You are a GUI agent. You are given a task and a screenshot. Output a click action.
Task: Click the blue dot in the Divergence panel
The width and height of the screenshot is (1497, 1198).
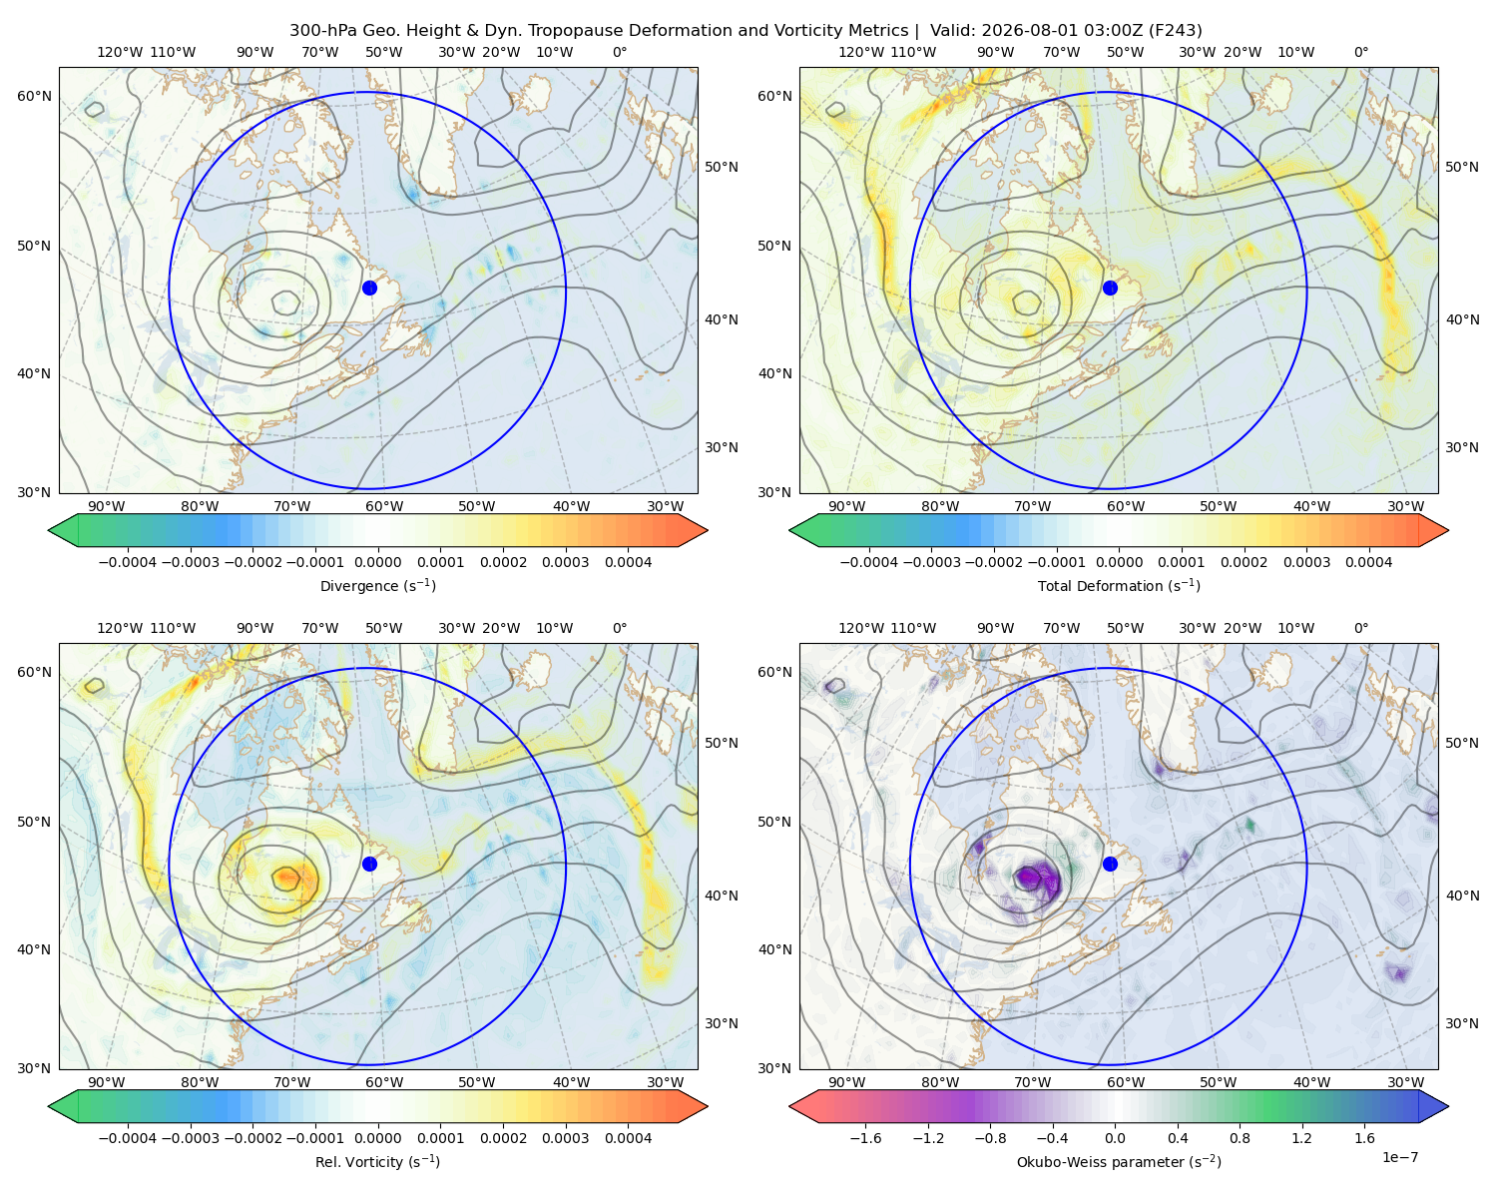click(369, 288)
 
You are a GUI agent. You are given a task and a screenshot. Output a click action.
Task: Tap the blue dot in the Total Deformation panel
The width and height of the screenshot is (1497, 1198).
click(1110, 288)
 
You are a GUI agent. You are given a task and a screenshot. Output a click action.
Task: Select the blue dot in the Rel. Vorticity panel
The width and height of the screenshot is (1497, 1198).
click(369, 864)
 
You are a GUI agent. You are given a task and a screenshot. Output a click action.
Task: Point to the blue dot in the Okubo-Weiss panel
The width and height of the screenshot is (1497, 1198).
click(1110, 864)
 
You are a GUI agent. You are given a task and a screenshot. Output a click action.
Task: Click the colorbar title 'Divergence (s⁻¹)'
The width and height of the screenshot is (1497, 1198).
click(377, 585)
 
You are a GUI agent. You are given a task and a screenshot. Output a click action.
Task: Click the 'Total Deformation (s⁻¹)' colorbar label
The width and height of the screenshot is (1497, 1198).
click(1119, 585)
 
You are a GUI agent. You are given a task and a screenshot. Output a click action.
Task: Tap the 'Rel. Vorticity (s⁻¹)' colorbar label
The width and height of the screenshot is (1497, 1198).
click(377, 1161)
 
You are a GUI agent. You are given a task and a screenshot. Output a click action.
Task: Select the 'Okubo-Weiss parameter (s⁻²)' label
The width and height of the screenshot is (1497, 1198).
click(1119, 1161)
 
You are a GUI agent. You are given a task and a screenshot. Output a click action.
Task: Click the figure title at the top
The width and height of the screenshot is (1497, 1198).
click(746, 31)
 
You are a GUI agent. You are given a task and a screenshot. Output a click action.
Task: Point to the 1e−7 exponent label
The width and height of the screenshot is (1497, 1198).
click(1399, 1157)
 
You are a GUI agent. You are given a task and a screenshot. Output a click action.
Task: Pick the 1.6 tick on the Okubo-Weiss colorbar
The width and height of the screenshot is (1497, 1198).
click(1365, 1138)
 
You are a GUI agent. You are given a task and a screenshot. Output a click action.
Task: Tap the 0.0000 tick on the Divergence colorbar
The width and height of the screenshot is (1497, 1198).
click(377, 562)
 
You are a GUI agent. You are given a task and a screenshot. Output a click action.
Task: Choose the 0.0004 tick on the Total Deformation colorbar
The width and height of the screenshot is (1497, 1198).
click(1369, 562)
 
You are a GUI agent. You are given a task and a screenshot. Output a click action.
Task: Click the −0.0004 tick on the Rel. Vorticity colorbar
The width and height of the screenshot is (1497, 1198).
click(128, 1138)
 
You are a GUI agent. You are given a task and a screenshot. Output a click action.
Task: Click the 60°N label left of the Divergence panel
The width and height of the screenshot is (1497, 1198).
click(34, 96)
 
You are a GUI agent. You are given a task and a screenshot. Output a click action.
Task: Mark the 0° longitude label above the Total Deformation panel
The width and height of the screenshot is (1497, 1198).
click(1360, 52)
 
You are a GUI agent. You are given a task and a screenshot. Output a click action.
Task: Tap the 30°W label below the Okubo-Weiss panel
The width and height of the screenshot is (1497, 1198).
click(1406, 1082)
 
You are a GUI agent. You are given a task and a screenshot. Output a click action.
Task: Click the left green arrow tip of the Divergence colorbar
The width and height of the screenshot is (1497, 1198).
click(49, 530)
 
